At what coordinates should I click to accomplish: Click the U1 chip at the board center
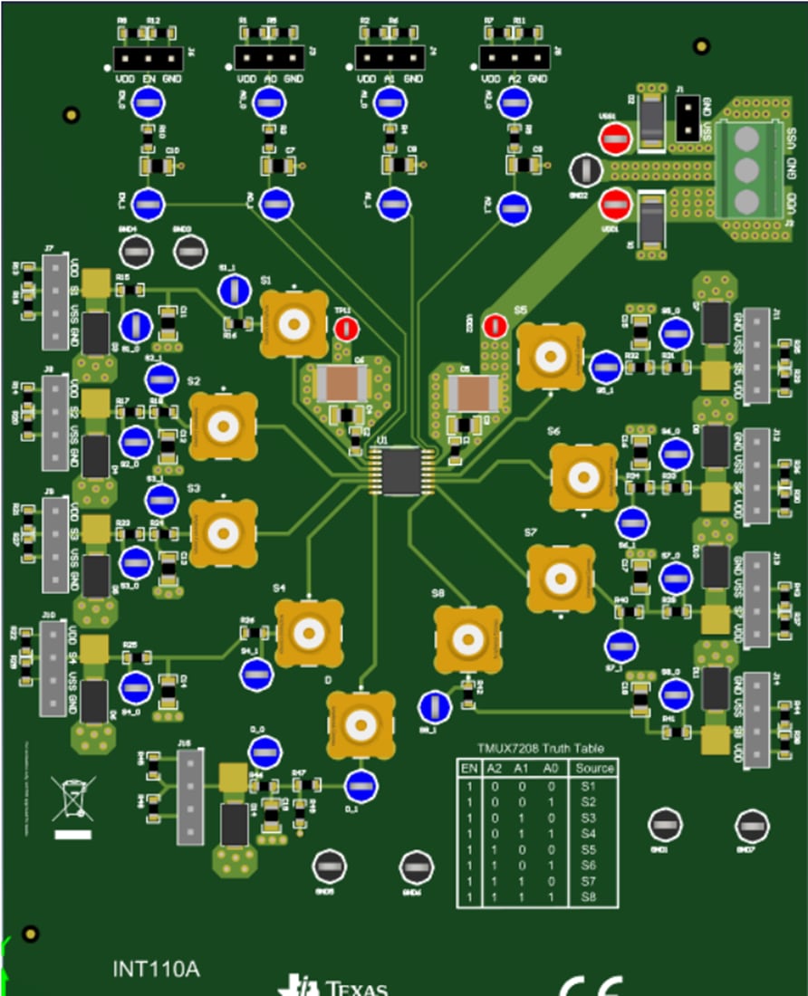click(399, 471)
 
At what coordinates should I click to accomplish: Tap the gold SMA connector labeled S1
click(293, 324)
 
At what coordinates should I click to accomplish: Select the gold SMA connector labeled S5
click(550, 357)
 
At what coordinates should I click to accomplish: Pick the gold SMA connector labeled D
click(360, 724)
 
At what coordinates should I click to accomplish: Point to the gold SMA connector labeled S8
click(467, 639)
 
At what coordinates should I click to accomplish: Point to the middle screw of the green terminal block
click(745, 170)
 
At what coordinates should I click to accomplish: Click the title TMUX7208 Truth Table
click(541, 749)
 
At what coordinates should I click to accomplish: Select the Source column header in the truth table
click(594, 768)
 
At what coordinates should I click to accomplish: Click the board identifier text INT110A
click(156, 969)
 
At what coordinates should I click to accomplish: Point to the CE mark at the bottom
click(591, 985)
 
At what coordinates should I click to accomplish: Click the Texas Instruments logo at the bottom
click(335, 986)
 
